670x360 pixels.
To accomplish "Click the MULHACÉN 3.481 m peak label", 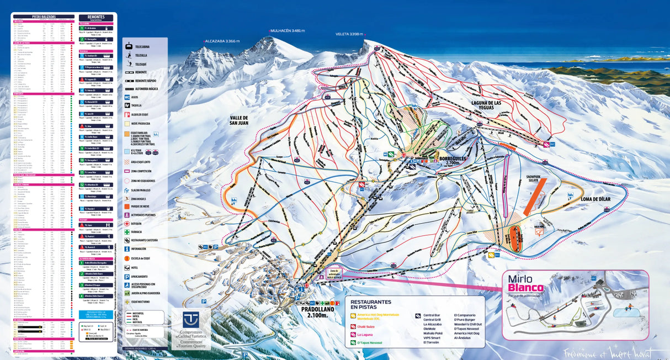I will (x=288, y=31).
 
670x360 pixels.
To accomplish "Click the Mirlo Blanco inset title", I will (x=526, y=283).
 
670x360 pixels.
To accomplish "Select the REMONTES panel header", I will (x=96, y=18).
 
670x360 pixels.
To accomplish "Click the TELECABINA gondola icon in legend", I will (x=129, y=46).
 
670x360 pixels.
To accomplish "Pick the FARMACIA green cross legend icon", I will (x=129, y=232).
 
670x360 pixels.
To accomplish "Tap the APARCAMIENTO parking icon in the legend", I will (x=129, y=276).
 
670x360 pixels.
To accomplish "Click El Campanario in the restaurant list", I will (x=465, y=314).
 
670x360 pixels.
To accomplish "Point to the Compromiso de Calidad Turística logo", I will (x=191, y=329).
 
